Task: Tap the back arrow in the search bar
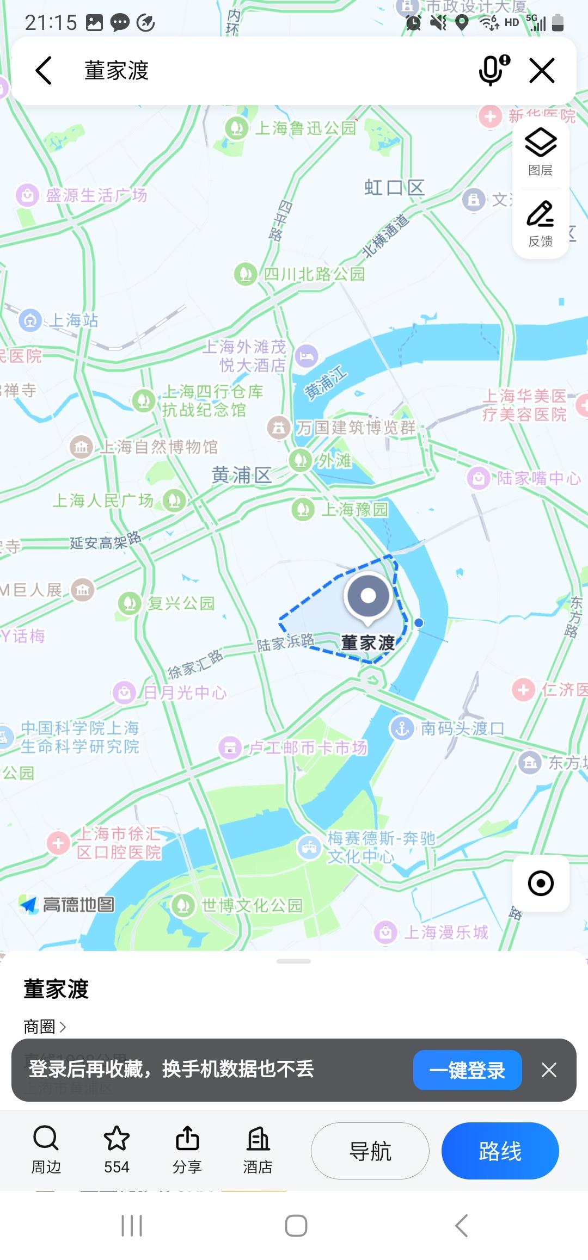tap(44, 71)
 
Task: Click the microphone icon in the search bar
tap(493, 71)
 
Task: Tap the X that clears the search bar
tap(542, 71)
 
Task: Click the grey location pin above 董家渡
tap(369, 596)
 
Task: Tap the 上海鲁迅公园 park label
tap(305, 128)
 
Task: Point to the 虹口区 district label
tap(394, 188)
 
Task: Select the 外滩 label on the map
tap(334, 461)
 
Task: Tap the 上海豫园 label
tap(354, 509)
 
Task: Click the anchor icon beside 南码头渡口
tap(402, 728)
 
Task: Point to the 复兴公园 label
tap(181, 603)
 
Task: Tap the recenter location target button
tap(541, 883)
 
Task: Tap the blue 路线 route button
tap(500, 1151)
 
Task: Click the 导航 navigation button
tap(370, 1151)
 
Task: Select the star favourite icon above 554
tap(117, 1138)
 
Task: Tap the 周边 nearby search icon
tap(46, 1138)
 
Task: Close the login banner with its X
tap(549, 1070)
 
